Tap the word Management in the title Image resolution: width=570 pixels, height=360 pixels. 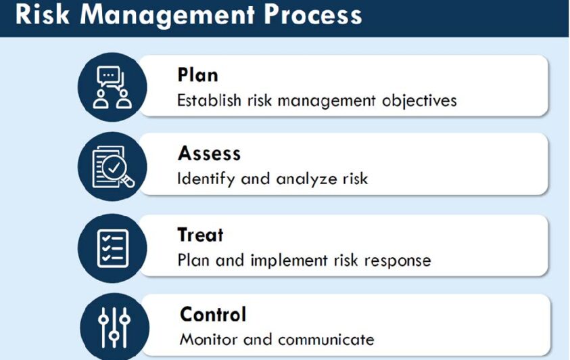tap(167, 16)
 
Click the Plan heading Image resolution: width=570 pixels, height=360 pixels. tap(197, 75)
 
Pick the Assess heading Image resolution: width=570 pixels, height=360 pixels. tap(210, 153)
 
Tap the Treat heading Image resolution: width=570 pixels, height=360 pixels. tap(200, 235)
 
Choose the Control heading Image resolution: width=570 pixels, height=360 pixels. tap(213, 314)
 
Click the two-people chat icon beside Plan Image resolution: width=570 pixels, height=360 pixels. tap(112, 87)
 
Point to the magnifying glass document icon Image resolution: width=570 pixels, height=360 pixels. tap(113, 167)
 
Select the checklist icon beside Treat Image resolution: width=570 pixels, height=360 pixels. tap(113, 248)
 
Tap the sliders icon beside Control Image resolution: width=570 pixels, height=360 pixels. tap(114, 328)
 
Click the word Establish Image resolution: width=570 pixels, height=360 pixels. tap(209, 100)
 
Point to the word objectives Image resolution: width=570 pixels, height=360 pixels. tap(419, 101)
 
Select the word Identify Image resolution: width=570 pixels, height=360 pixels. tap(206, 179)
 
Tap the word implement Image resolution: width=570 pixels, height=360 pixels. tap(289, 261)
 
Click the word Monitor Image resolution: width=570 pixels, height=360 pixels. tap(208, 339)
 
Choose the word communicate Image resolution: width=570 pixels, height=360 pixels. tap(326, 340)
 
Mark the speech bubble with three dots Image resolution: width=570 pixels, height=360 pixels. tap(109, 76)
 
